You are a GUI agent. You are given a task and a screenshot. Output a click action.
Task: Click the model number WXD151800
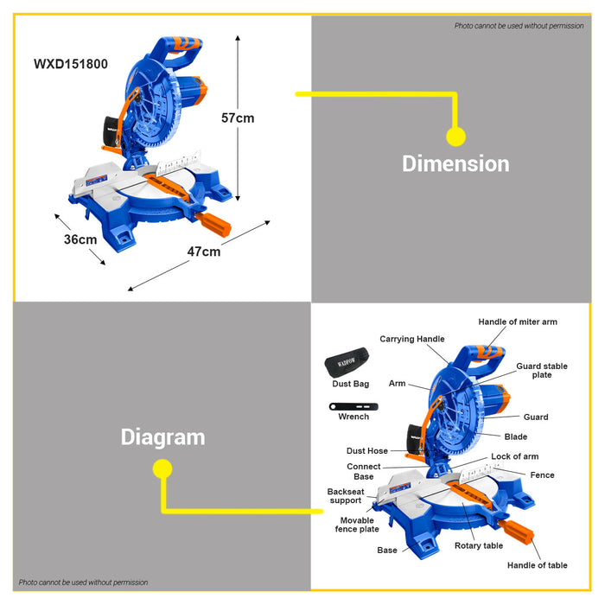tap(71, 64)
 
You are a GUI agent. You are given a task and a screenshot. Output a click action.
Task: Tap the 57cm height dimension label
tap(238, 118)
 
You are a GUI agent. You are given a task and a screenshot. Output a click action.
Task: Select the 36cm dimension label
tap(80, 239)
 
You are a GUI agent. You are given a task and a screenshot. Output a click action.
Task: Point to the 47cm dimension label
tap(204, 252)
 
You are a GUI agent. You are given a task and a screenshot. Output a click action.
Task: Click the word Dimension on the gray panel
tap(455, 163)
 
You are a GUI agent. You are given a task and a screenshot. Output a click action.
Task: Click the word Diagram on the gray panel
tap(162, 437)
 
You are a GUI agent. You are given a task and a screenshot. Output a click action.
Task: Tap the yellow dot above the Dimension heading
tap(455, 137)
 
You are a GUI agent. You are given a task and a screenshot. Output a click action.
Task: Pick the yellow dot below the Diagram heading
tap(162, 468)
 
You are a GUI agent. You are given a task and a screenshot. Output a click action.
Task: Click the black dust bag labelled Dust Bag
tap(347, 363)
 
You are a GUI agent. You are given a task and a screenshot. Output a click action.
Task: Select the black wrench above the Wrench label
tap(353, 407)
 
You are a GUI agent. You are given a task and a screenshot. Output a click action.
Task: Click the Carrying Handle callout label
tap(412, 339)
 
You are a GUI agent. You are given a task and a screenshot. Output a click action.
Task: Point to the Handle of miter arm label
tap(518, 322)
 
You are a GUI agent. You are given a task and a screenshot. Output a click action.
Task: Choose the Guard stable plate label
tap(542, 371)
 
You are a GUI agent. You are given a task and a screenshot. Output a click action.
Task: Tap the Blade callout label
tap(515, 436)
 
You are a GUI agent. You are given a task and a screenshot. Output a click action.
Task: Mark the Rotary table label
tap(479, 545)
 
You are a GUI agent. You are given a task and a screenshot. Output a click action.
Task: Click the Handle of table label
tap(537, 565)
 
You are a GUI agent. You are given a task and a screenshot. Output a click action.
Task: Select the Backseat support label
tap(346, 496)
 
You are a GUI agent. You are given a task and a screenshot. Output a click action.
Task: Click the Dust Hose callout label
tap(367, 450)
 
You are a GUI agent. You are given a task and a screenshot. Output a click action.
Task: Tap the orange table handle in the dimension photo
tap(213, 224)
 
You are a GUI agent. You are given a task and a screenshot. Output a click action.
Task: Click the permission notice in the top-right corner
tap(519, 26)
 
